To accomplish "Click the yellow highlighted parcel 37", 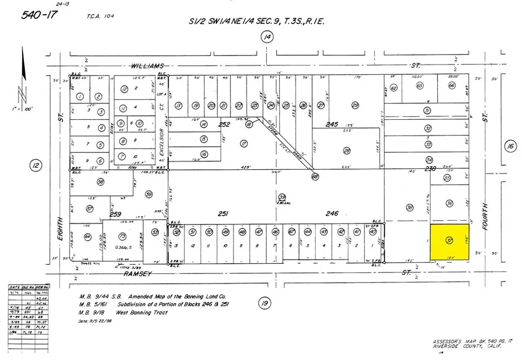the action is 450,241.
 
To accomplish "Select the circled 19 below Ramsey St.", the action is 264,304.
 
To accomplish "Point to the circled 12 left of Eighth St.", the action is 35,165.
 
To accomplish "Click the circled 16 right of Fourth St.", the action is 510,147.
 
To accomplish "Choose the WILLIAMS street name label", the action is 147,66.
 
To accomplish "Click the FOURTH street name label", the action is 485,216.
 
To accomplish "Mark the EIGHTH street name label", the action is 61,229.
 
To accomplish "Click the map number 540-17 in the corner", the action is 39,14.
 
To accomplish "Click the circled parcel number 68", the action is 315,176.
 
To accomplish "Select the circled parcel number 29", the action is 355,105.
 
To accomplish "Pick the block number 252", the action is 225,124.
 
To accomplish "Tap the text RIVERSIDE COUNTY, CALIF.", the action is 466,347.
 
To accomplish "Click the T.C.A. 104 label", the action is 101,16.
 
